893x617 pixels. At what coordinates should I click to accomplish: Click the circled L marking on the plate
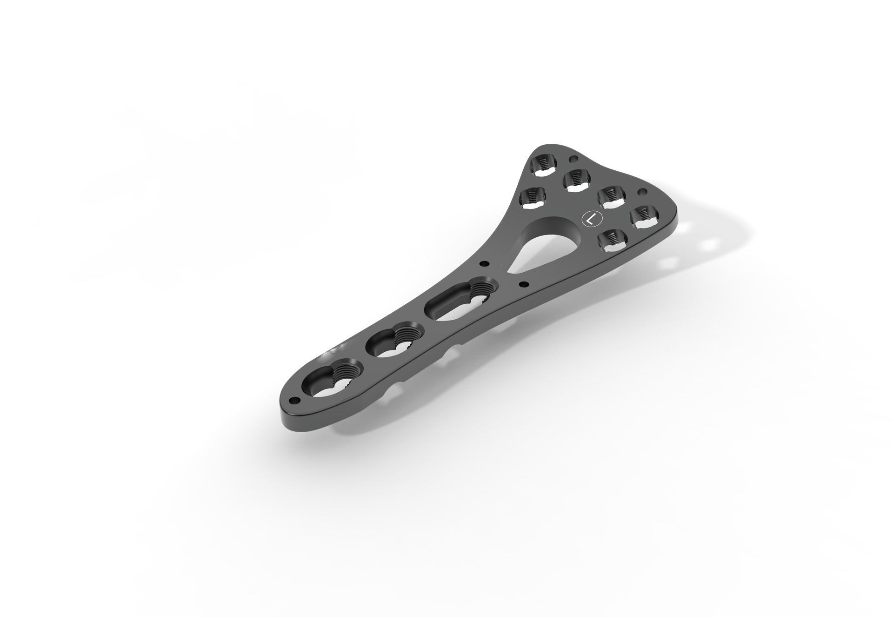tap(590, 219)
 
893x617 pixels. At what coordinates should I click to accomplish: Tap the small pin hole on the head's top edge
tap(572, 160)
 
